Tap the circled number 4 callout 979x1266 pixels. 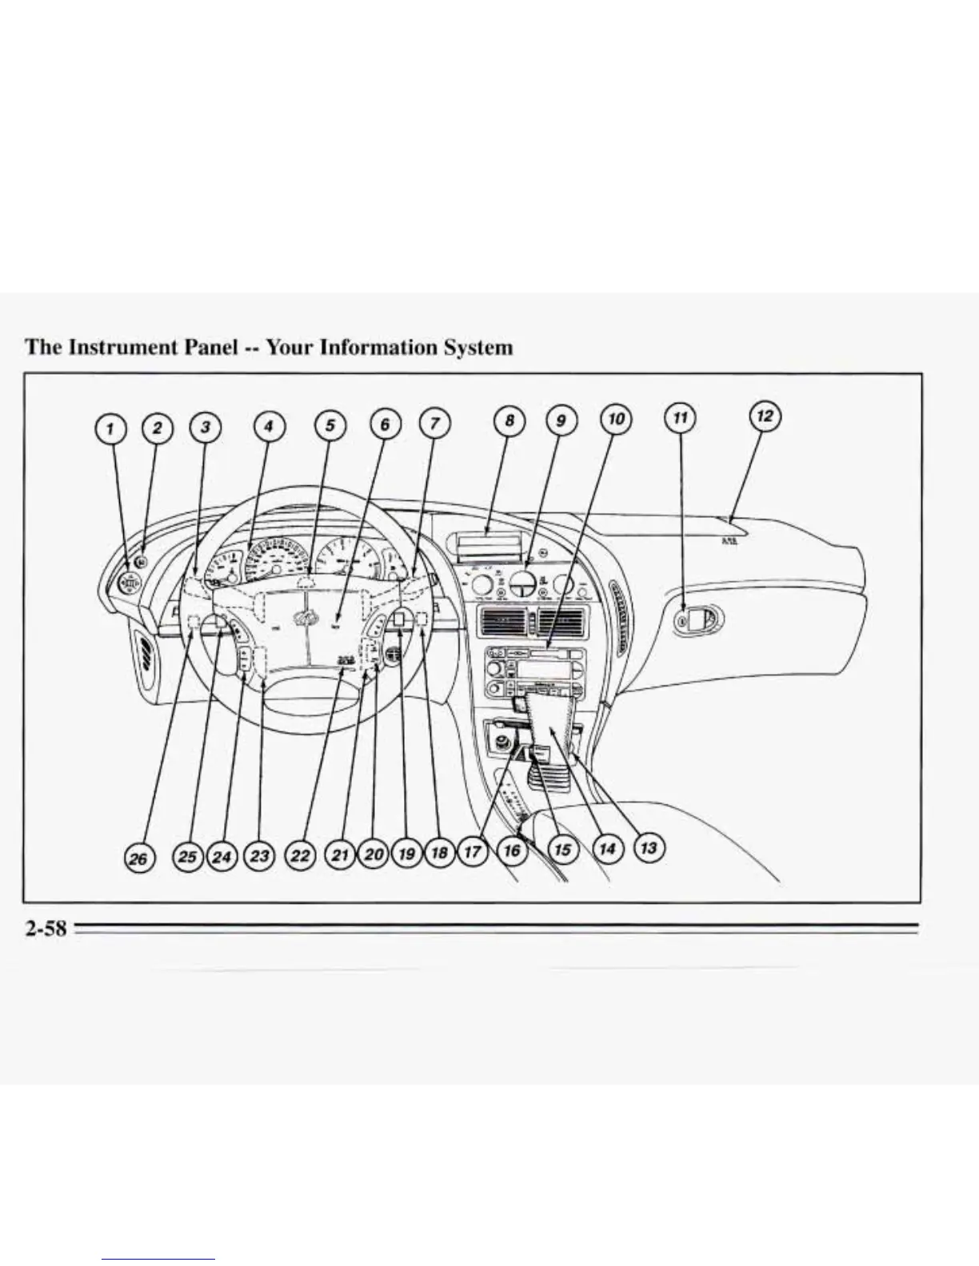click(269, 427)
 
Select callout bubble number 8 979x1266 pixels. click(509, 421)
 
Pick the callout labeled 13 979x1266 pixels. click(649, 847)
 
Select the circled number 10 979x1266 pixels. click(616, 419)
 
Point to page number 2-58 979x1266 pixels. click(45, 929)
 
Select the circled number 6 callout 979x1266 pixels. click(385, 424)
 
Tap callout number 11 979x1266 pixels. click(680, 419)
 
